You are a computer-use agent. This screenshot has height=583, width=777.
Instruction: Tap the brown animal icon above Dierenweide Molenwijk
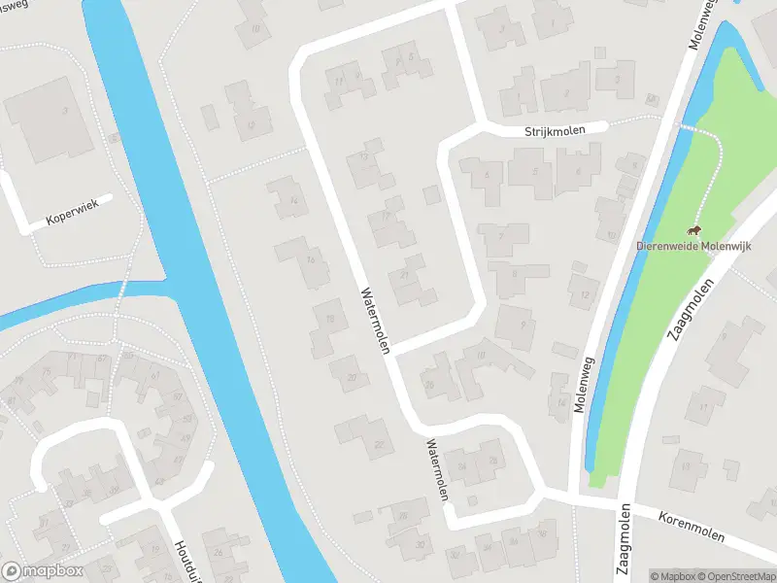pyautogui.click(x=694, y=230)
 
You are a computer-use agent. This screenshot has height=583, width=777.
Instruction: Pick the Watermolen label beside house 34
pyautogui.click(x=437, y=468)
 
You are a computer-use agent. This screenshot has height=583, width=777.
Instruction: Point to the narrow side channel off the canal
pyautogui.click(x=68, y=301)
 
